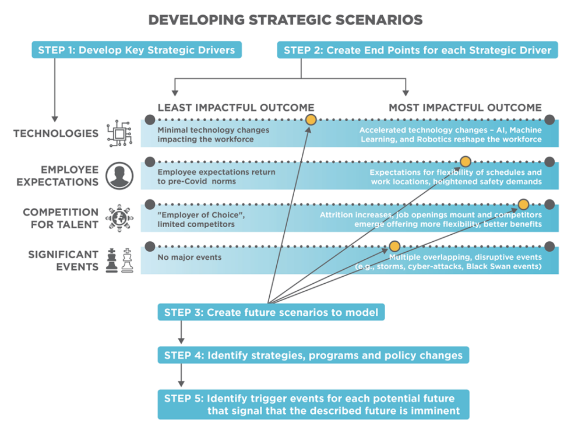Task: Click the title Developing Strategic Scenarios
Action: pyautogui.click(x=285, y=20)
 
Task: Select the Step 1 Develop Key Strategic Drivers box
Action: pyautogui.click(x=136, y=50)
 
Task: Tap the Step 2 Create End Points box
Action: pyautogui.click(x=417, y=50)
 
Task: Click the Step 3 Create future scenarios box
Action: pyautogui.click(x=271, y=312)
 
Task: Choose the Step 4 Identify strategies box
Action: pyautogui.click(x=313, y=355)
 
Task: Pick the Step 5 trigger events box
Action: pyautogui.click(x=313, y=404)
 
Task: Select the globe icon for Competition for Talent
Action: pyautogui.click(x=119, y=218)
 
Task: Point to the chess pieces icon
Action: pyautogui.click(x=119, y=260)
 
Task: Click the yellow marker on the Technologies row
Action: pyautogui.click(x=311, y=119)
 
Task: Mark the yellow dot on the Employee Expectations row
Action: pyautogui.click(x=465, y=161)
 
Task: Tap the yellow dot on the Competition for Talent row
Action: pyautogui.click(x=523, y=204)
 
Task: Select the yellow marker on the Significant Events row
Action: pyautogui.click(x=394, y=246)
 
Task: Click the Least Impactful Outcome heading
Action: pyautogui.click(x=235, y=108)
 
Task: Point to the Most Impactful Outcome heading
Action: pyautogui.click(x=465, y=108)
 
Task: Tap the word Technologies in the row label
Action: pyautogui.click(x=56, y=133)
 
